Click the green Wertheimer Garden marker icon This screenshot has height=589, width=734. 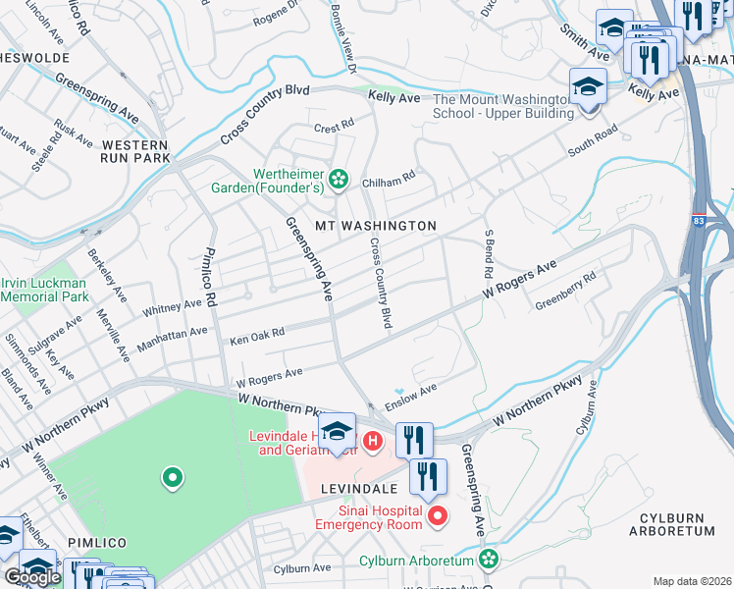pyautogui.click(x=339, y=178)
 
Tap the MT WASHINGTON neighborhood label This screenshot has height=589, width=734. pyautogui.click(x=375, y=226)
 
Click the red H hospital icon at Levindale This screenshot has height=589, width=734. pyautogui.click(x=372, y=442)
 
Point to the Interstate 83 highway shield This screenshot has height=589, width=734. pyautogui.click(x=698, y=209)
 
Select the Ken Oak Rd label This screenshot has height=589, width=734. pyautogui.click(x=256, y=337)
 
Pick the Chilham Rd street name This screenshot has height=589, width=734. pyautogui.click(x=389, y=177)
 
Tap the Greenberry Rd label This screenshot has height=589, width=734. pyautogui.click(x=565, y=292)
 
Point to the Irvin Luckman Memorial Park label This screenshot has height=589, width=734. pyautogui.click(x=45, y=290)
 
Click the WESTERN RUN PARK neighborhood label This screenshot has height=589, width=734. pyautogui.click(x=135, y=150)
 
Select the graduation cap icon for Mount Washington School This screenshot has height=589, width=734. pyautogui.click(x=589, y=87)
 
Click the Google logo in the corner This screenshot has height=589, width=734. pyautogui.click(x=32, y=577)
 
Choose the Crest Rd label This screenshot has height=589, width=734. pyautogui.click(x=333, y=127)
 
